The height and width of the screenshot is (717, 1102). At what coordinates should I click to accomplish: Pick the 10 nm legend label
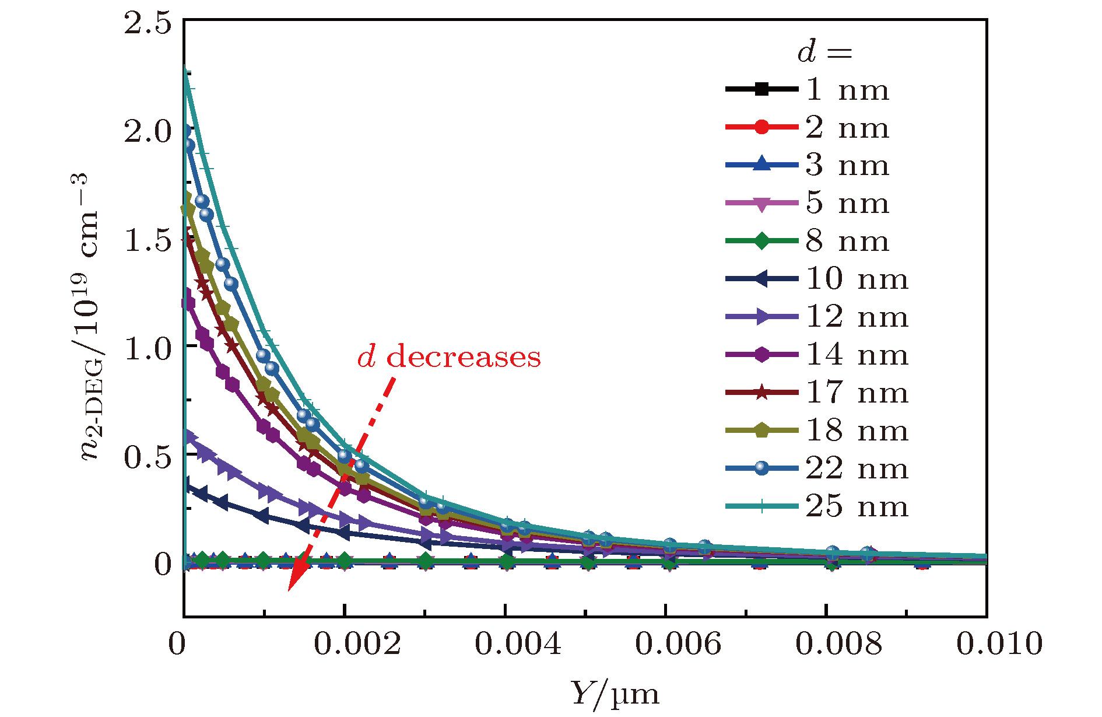tap(857, 279)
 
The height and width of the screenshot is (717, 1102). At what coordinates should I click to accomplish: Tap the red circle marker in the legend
tap(761, 127)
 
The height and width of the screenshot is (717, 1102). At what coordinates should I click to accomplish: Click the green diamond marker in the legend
tap(761, 241)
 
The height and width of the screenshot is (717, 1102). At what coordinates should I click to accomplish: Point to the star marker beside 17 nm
tap(761, 393)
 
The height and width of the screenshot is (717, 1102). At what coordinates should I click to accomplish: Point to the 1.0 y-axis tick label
tap(148, 348)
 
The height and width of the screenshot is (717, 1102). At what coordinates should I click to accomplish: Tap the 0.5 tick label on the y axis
tap(148, 456)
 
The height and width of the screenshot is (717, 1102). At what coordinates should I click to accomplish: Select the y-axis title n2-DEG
tap(90, 318)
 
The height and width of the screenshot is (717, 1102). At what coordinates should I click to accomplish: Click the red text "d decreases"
tap(449, 356)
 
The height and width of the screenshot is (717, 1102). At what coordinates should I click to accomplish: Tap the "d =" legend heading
tap(824, 53)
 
